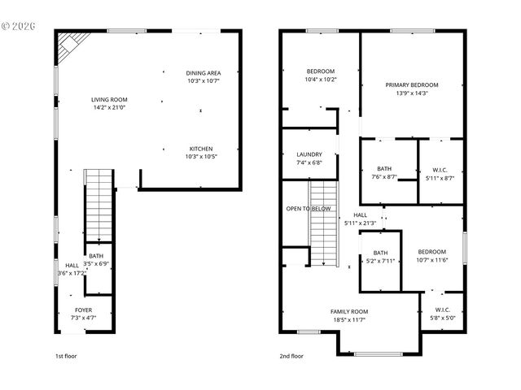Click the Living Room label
(109, 99)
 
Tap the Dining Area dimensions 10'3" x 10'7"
(203, 81)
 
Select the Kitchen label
(201, 149)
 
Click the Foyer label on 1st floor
(83, 310)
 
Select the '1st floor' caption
(65, 356)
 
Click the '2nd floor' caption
(291, 356)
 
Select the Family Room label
(348, 311)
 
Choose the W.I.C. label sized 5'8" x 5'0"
(442, 310)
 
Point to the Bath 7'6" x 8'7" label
(383, 169)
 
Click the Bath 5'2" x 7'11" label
(379, 253)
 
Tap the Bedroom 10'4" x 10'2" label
(320, 71)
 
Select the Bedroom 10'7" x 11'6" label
(432, 252)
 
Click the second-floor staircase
(323, 223)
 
